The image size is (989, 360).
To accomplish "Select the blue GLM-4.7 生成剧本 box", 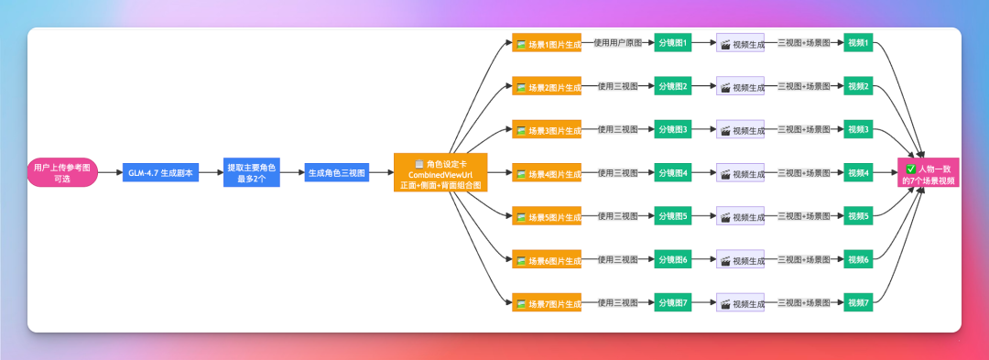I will pos(160,173).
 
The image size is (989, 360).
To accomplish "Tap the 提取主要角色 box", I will pos(253,173).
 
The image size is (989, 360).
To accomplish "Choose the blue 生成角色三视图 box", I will pos(337,173).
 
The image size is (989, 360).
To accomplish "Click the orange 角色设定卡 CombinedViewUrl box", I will pos(440,173).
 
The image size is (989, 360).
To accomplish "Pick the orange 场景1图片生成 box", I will pos(547,43).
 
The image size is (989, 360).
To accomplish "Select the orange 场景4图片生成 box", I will pos(547,173).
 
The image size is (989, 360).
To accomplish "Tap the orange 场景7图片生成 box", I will pos(547,303).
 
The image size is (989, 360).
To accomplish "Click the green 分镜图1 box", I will pos(672,43).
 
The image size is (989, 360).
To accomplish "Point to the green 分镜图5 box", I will pos(672,216).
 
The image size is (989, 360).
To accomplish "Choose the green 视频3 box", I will pos(858,130).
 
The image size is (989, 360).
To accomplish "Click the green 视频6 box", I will pos(858,260).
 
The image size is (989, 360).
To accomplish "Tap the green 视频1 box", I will pos(858,43).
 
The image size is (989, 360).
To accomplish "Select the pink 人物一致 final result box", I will pos(929,173).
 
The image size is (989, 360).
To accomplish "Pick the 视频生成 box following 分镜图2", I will pos(740,87).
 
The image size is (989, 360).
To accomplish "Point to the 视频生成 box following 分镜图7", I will pos(740,303).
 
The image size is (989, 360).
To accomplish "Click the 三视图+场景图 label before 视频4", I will pos(803,173).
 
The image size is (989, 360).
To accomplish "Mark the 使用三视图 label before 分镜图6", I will pos(618,260).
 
